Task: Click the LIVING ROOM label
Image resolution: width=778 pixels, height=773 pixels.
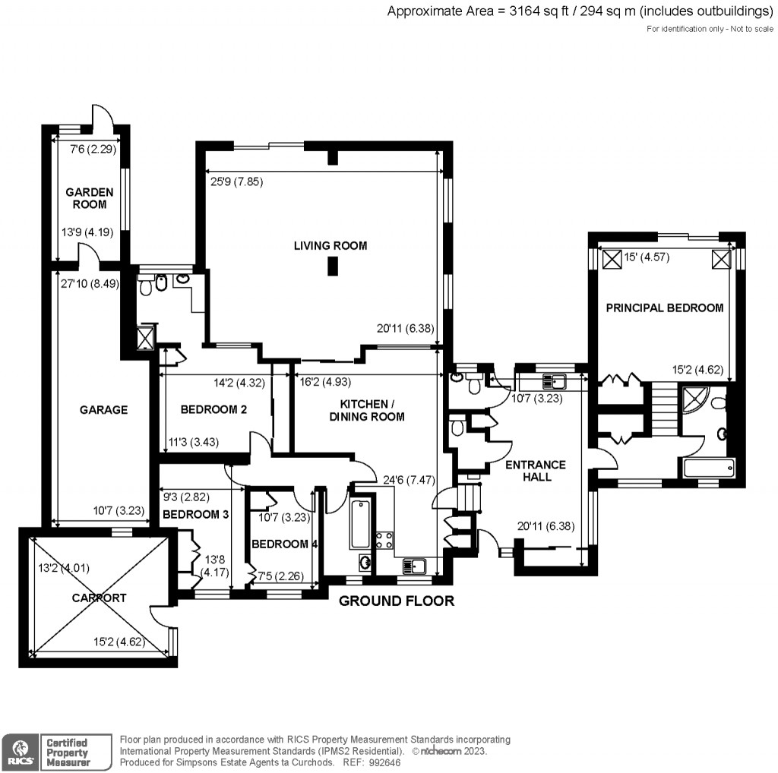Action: coord(330,245)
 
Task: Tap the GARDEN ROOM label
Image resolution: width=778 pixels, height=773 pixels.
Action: coord(89,198)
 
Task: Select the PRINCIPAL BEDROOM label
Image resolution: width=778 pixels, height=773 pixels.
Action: coord(664,308)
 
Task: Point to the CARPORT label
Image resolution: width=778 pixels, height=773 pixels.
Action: coord(98,598)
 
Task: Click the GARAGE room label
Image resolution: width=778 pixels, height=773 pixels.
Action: coord(103,409)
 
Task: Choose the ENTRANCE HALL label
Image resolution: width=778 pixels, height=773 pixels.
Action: coord(536,471)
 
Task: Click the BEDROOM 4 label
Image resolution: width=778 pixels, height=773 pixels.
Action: coord(284,544)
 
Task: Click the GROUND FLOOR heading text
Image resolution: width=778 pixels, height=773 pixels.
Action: coord(396,601)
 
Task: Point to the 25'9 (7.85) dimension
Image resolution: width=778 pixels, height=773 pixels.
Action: coord(237,181)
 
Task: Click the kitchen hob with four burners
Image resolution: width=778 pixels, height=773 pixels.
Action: coord(383,540)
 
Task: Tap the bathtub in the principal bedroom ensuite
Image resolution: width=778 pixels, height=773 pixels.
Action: coord(708,468)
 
